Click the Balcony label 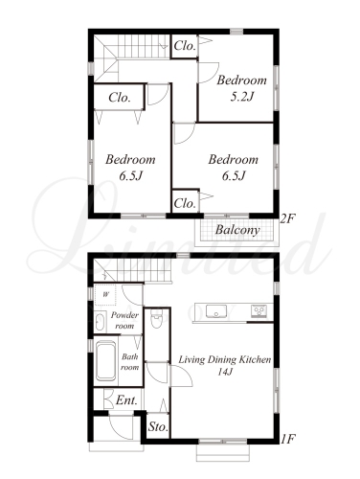pyautogui.click(x=237, y=230)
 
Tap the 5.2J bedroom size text pyautogui.click(x=241, y=97)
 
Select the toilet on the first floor pyautogui.click(x=156, y=319)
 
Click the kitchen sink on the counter pyautogui.click(x=216, y=311)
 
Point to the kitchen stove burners pyautogui.click(x=259, y=311)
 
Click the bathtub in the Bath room pyautogui.click(x=105, y=361)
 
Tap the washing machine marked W pyautogui.click(x=105, y=294)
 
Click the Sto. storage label pyautogui.click(x=158, y=427)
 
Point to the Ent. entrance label pyautogui.click(x=126, y=400)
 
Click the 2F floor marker pyautogui.click(x=288, y=219)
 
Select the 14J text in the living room pyautogui.click(x=225, y=372)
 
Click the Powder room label pyautogui.click(x=124, y=320)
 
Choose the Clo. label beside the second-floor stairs pyautogui.click(x=185, y=46)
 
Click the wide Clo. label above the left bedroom pyautogui.click(x=120, y=98)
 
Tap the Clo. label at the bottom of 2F pyautogui.click(x=185, y=203)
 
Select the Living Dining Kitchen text pyautogui.click(x=224, y=360)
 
